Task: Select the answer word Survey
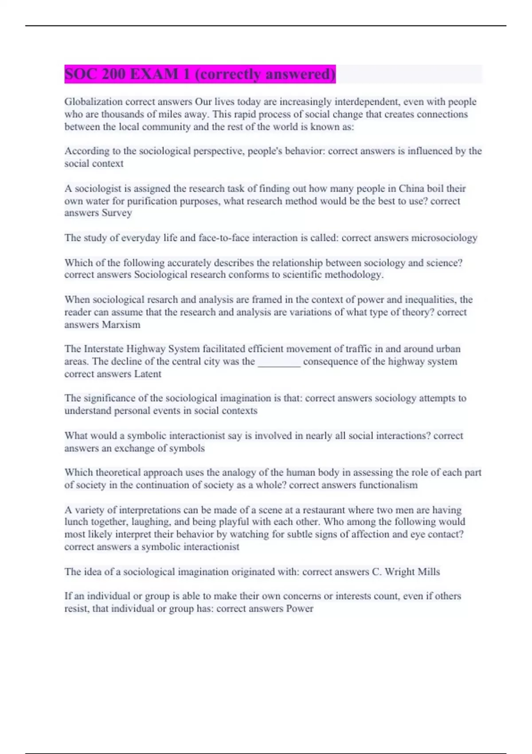click(x=117, y=213)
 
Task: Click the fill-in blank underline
click(x=279, y=362)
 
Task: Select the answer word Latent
click(x=148, y=374)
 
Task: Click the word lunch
click(x=76, y=522)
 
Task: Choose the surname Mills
click(x=428, y=572)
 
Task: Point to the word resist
click(x=77, y=609)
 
